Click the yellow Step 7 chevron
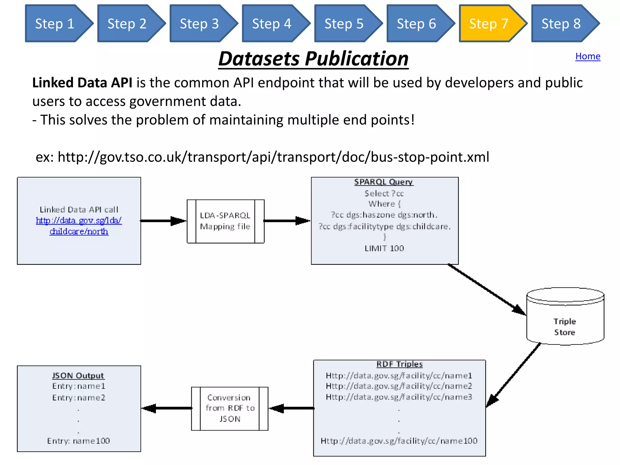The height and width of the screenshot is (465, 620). pyautogui.click(x=489, y=24)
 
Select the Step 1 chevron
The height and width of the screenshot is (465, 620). pyautogui.click(x=55, y=24)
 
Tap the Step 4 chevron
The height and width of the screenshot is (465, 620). pyautogui.click(x=272, y=24)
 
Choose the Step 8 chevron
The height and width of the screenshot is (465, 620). pyautogui.click(x=561, y=24)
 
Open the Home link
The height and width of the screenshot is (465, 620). pyautogui.click(x=588, y=56)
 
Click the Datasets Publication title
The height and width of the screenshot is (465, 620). pyautogui.click(x=313, y=59)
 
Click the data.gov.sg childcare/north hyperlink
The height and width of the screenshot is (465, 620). pyautogui.click(x=79, y=226)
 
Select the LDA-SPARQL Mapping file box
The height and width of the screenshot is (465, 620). pyautogui.click(x=225, y=221)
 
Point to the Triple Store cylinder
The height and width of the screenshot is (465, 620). pyautogui.click(x=565, y=321)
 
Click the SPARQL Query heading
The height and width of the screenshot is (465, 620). pyautogui.click(x=384, y=182)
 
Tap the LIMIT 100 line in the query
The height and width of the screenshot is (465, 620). pyautogui.click(x=384, y=248)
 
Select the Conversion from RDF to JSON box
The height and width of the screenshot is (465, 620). pyautogui.click(x=229, y=408)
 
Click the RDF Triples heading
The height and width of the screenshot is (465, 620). pyautogui.click(x=399, y=364)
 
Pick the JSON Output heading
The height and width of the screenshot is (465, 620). pyautogui.click(x=78, y=376)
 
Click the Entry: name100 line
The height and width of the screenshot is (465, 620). pyautogui.click(x=78, y=441)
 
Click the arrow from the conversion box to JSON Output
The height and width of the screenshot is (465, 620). pyautogui.click(x=167, y=408)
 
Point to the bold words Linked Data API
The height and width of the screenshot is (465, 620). pyautogui.click(x=82, y=83)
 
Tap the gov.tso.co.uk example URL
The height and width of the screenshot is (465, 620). pyautogui.click(x=273, y=157)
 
